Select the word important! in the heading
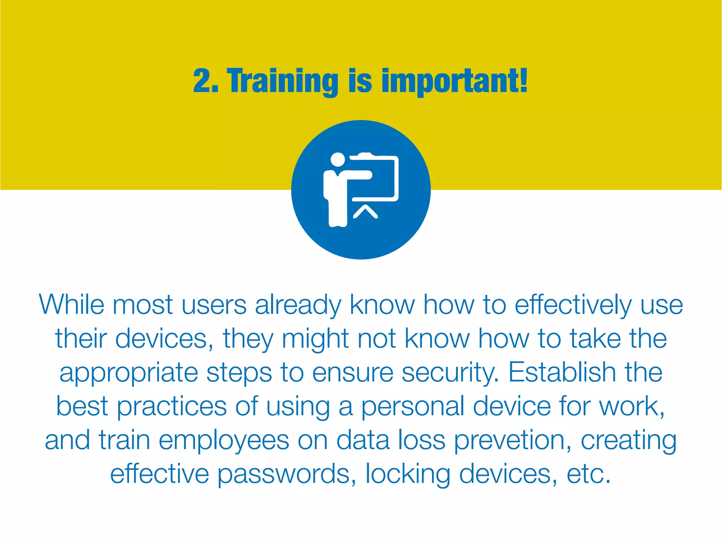(454, 82)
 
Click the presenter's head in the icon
(338, 159)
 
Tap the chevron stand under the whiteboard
(365, 212)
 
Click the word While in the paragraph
(72, 305)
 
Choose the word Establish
(562, 372)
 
